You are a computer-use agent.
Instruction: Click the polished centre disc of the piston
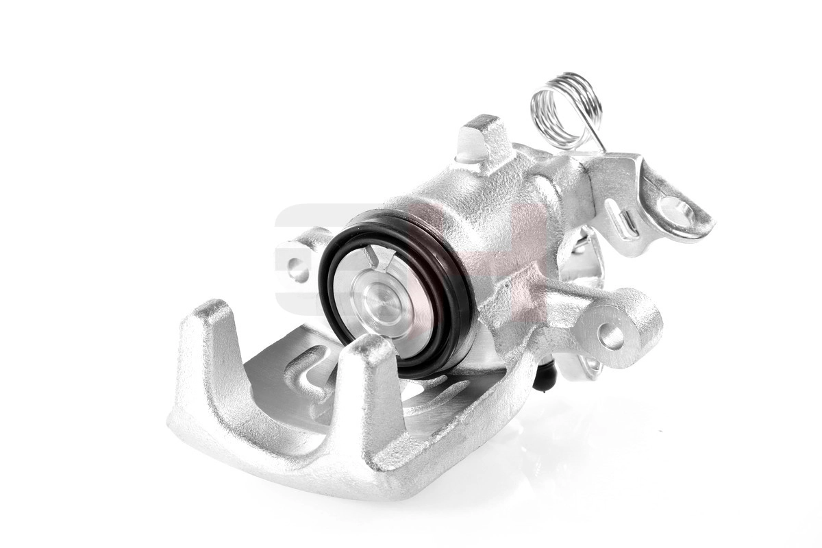tap(381, 302)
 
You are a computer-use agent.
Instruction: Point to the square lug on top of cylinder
tap(483, 140)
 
